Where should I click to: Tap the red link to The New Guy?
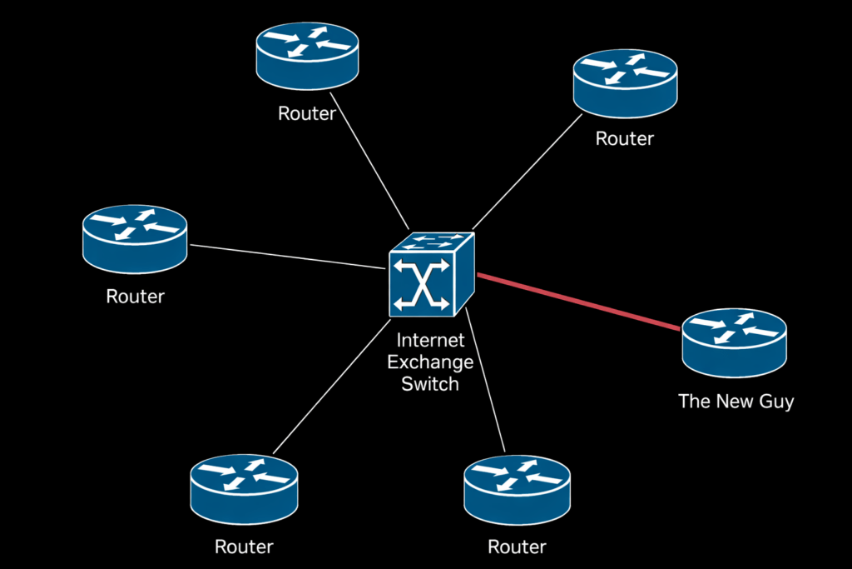click(577, 302)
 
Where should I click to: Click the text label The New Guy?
click(736, 402)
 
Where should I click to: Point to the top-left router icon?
click(308, 56)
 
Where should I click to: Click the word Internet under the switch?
click(429, 341)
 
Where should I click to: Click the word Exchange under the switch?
click(430, 362)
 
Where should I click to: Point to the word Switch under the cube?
click(430, 384)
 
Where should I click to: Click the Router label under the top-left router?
click(306, 114)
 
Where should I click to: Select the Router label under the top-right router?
click(625, 139)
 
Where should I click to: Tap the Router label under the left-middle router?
click(135, 296)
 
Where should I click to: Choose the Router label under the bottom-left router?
click(244, 547)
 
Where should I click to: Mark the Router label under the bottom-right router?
click(517, 547)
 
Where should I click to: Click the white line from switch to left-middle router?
click(287, 257)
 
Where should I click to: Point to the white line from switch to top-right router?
click(526, 172)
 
